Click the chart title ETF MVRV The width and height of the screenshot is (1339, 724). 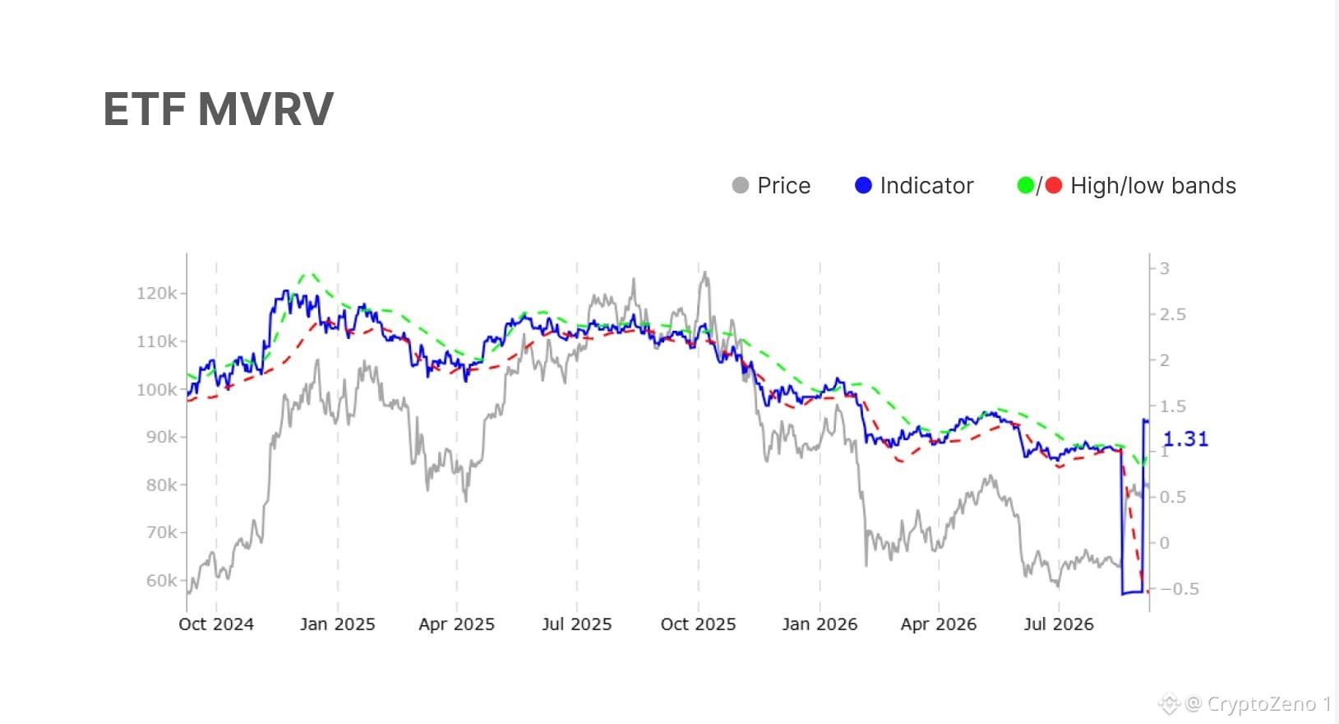click(x=218, y=109)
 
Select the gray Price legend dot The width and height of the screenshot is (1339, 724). click(x=740, y=185)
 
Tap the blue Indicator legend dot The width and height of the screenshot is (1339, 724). click(x=863, y=185)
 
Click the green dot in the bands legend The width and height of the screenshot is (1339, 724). click(x=1025, y=185)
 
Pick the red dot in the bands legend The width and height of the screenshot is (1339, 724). click(x=1053, y=185)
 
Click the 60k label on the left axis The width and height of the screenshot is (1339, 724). click(x=161, y=580)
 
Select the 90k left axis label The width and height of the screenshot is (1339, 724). click(x=161, y=437)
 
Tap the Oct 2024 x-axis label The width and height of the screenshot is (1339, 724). click(x=216, y=624)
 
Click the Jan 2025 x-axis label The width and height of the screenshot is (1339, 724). click(x=337, y=624)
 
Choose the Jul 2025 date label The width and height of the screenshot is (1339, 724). click(x=577, y=624)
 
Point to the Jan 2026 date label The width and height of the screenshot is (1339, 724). click(x=820, y=624)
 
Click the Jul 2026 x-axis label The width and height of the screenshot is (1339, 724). click(x=1059, y=624)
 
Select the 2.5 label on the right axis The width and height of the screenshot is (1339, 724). click(x=1172, y=315)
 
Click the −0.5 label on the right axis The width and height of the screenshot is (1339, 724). click(x=1180, y=589)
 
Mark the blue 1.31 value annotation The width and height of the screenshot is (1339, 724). click(x=1186, y=439)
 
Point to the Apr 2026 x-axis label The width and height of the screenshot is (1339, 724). click(x=939, y=624)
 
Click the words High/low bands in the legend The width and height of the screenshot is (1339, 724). click(x=1153, y=185)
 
